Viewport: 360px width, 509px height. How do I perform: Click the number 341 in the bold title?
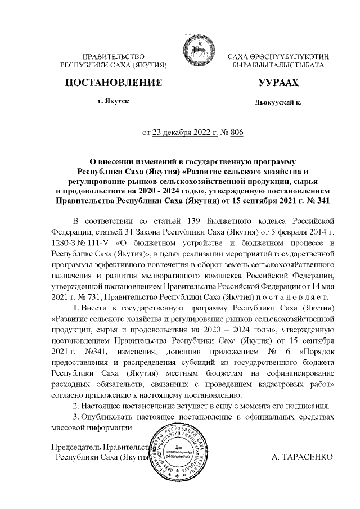pos(321,200)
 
